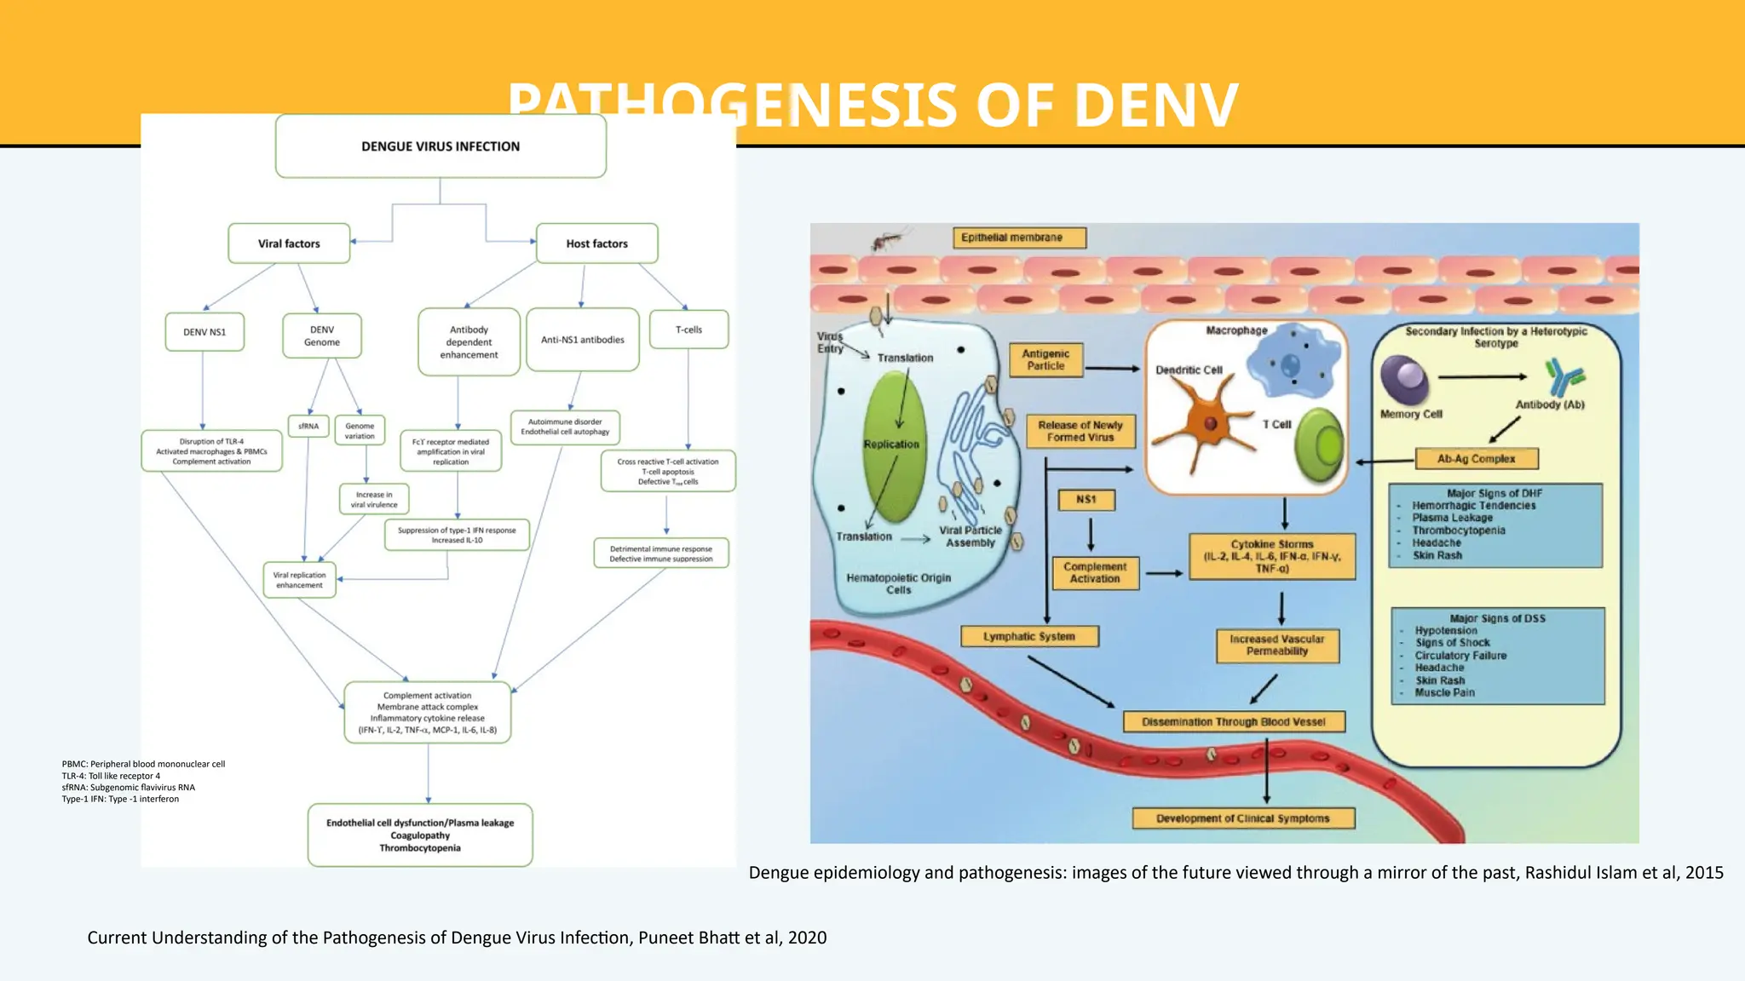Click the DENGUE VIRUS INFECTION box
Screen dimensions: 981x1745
[441, 146]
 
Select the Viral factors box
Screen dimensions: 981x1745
[289, 244]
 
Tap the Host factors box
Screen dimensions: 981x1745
[596, 244]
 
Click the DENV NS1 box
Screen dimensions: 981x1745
[204, 332]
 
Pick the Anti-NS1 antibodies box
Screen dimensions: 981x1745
[583, 340]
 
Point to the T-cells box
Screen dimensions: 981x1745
[688, 330]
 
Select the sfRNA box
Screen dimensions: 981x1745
[308, 426]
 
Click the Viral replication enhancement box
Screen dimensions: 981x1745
[299, 580]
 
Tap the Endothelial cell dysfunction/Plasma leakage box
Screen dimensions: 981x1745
[420, 835]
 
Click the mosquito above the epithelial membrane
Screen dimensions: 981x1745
[888, 240]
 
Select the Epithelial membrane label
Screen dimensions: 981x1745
[1019, 238]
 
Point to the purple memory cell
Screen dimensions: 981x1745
[1404, 380]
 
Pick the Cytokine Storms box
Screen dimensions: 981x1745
[1272, 556]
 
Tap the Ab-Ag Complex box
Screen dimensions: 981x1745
[1476, 459]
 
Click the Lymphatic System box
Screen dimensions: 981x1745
[1029, 636]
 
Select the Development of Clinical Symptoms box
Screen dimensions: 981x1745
[1242, 818]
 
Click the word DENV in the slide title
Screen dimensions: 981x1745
[1156, 106]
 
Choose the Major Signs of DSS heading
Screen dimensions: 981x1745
[1497, 618]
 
